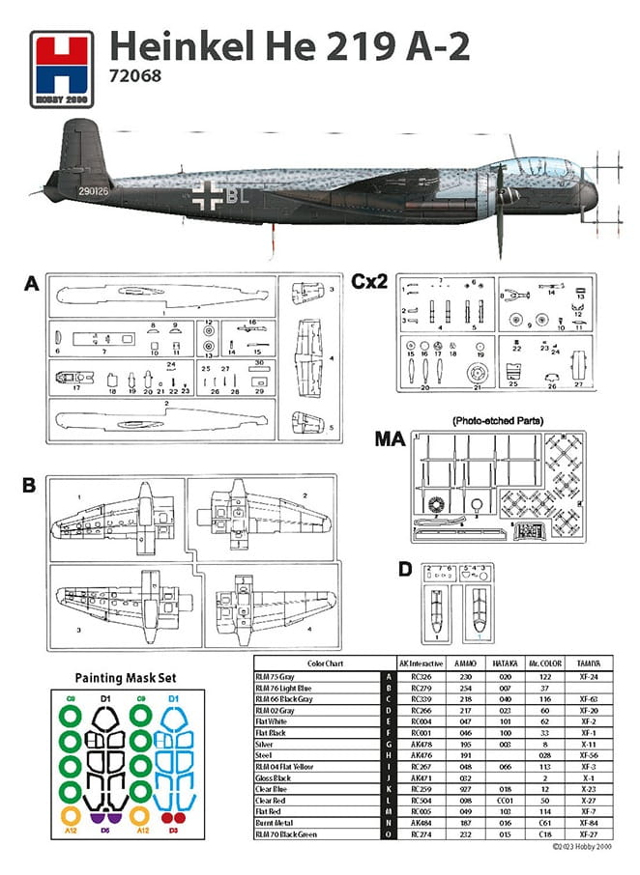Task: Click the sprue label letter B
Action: (30, 482)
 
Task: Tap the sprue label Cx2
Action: (370, 282)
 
